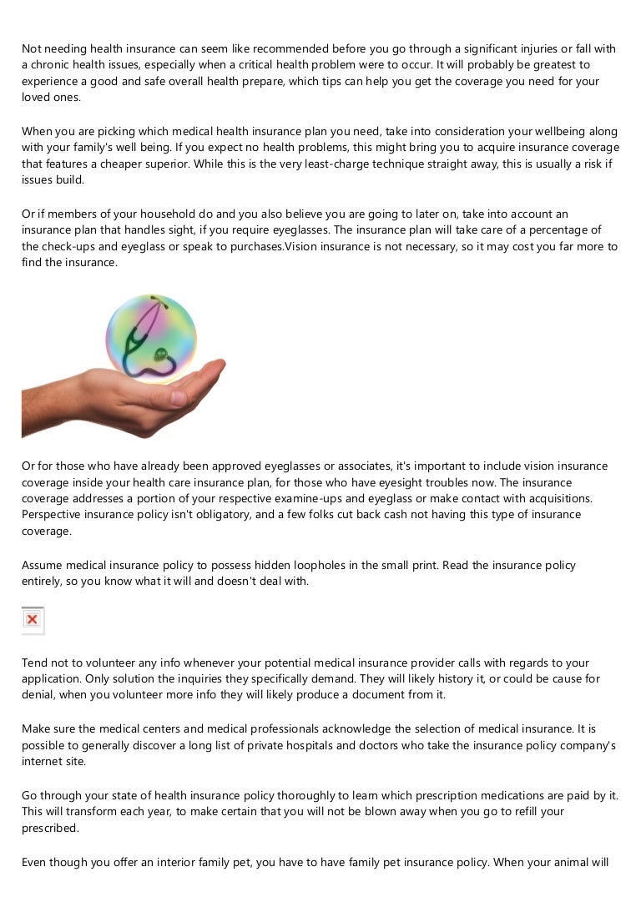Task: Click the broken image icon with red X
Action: tap(33, 620)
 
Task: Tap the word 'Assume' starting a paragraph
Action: tap(43, 565)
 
